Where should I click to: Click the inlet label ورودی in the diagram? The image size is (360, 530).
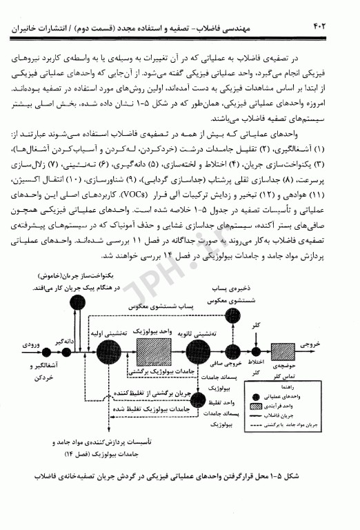point(32,343)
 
